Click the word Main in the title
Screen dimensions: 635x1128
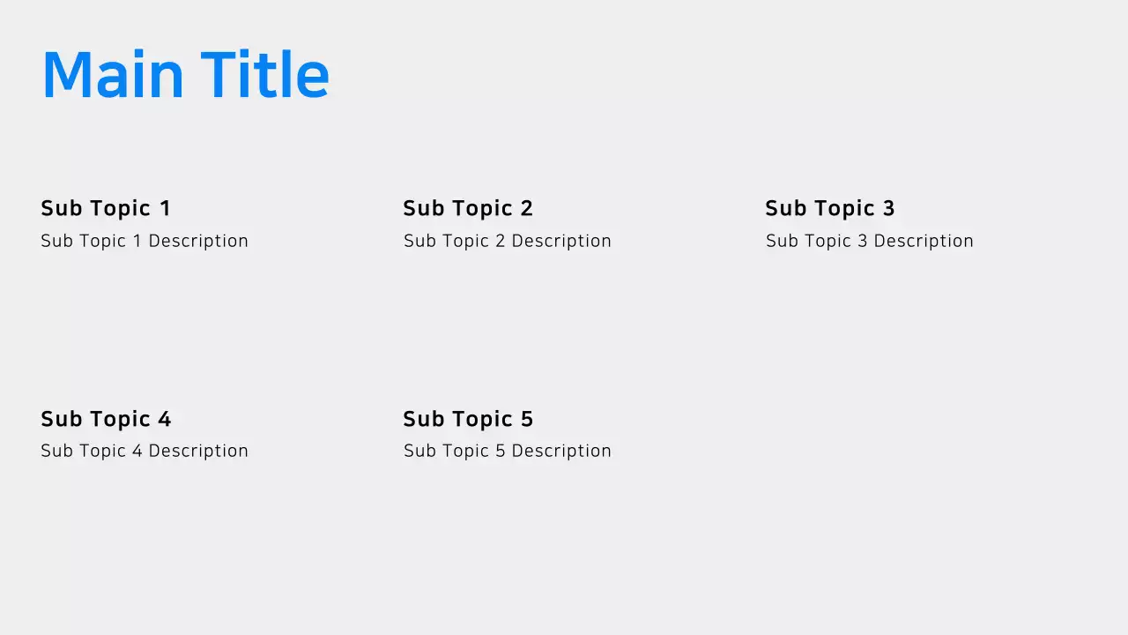pyautogui.click(x=112, y=75)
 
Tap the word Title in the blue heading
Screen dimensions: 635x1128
pyautogui.click(x=264, y=75)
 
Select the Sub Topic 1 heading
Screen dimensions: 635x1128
pyautogui.click(x=106, y=208)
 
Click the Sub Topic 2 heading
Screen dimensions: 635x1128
pyautogui.click(x=468, y=208)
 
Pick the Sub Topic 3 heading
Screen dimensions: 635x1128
pyautogui.click(x=830, y=208)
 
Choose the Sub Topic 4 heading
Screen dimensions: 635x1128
pyautogui.click(x=106, y=419)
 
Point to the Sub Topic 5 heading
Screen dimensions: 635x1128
pyautogui.click(x=468, y=419)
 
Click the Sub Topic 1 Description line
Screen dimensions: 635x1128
pyautogui.click(x=145, y=241)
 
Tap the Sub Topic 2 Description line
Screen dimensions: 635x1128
pyautogui.click(x=508, y=241)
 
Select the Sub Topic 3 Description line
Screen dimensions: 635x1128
pyautogui.click(x=870, y=241)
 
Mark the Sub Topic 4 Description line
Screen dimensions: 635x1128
pyautogui.click(x=145, y=451)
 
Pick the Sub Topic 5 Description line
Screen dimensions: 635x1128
pyautogui.click(x=508, y=451)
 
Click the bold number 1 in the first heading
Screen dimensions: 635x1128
pyautogui.click(x=165, y=208)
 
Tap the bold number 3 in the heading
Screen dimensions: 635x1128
pyautogui.click(x=888, y=208)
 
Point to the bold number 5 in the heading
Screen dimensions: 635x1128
pyautogui.click(x=526, y=419)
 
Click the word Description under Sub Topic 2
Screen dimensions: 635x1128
pyautogui.click(x=561, y=241)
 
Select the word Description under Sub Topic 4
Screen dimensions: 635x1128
pyautogui.click(x=198, y=451)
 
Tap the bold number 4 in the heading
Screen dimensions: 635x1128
pyautogui.click(x=164, y=419)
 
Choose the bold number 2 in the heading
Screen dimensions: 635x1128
pyautogui.click(x=526, y=208)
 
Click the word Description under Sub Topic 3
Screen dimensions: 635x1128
pyautogui.click(x=924, y=241)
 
